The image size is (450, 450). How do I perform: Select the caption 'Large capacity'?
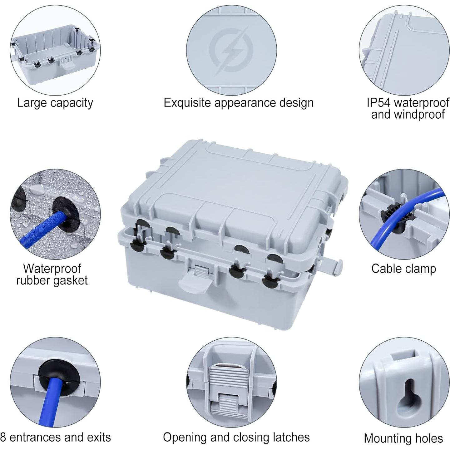click(55, 103)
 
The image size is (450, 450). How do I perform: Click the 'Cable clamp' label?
click(403, 269)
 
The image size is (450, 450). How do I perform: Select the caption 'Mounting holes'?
click(403, 438)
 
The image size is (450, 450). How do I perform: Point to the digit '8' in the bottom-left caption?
click(3, 437)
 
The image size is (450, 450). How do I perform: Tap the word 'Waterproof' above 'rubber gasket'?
click(52, 268)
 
